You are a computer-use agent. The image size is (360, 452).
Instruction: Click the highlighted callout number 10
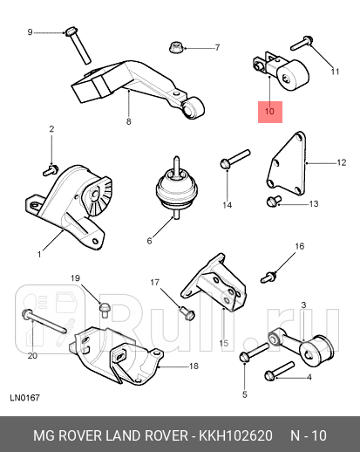click(269, 112)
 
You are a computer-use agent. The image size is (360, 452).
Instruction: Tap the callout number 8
click(128, 121)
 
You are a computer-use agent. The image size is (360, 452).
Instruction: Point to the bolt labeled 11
click(302, 42)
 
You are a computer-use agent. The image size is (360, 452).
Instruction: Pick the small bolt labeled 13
click(272, 202)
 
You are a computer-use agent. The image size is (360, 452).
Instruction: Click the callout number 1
click(39, 255)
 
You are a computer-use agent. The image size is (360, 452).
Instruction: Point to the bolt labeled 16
click(271, 277)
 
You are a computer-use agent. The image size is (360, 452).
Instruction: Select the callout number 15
click(224, 342)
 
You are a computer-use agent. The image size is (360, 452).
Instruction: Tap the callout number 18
click(194, 366)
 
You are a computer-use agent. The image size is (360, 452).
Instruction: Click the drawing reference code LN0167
click(24, 399)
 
